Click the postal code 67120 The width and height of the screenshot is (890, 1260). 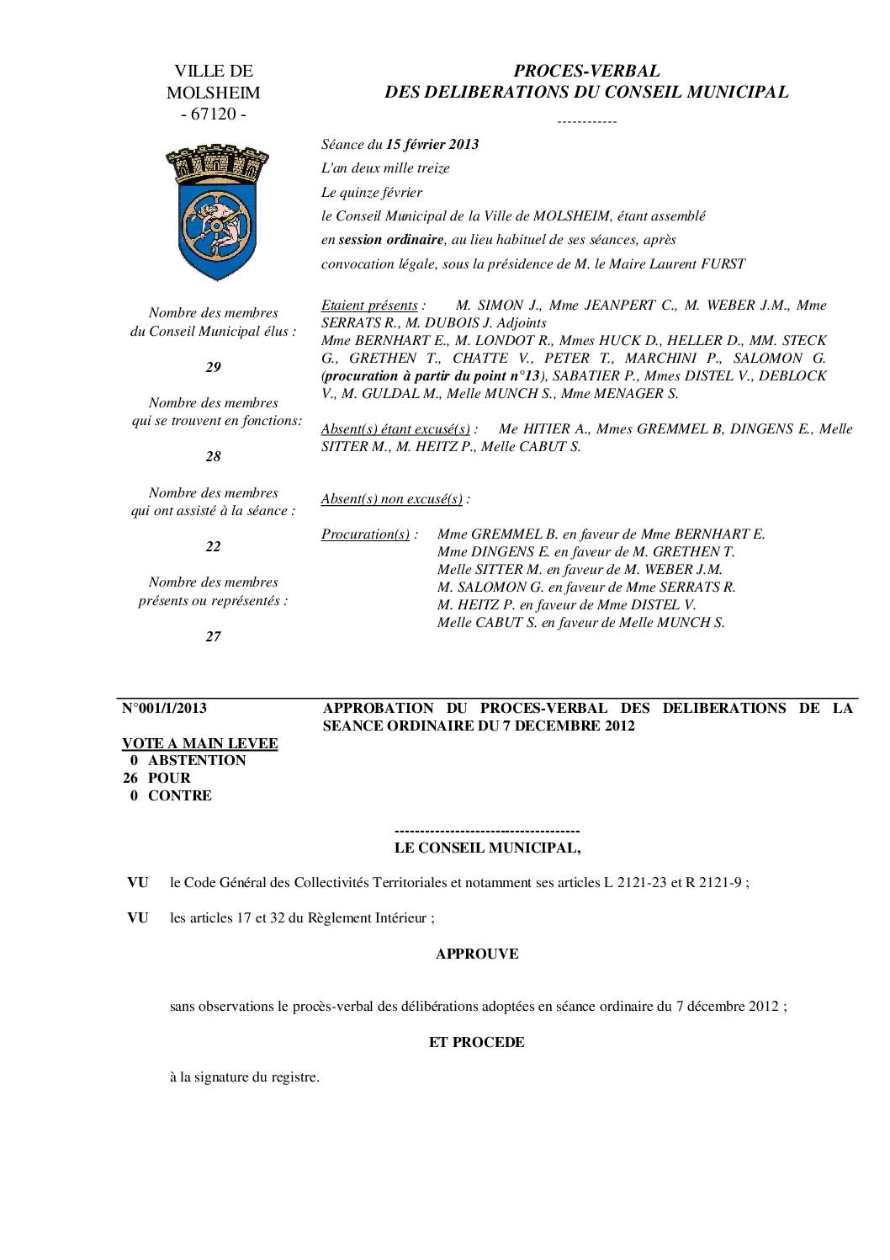pyautogui.click(x=214, y=114)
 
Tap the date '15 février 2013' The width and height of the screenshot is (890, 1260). pyautogui.click(x=432, y=144)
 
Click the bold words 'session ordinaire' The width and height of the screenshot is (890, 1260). pyautogui.click(x=390, y=240)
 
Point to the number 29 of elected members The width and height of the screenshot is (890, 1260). pyautogui.click(x=214, y=367)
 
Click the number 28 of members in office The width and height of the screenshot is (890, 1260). pyautogui.click(x=214, y=456)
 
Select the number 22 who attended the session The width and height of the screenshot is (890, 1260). pyautogui.click(x=214, y=546)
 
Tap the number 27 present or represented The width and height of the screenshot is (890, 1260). pyautogui.click(x=214, y=636)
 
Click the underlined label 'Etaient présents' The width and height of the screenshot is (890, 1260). pyautogui.click(x=369, y=305)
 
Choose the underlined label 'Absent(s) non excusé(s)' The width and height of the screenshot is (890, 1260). pyautogui.click(x=392, y=498)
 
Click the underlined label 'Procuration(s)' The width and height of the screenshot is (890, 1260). pyautogui.click(x=365, y=534)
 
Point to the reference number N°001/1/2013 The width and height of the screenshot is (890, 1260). pyautogui.click(x=165, y=708)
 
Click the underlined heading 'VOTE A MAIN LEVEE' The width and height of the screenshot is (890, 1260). pyautogui.click(x=200, y=743)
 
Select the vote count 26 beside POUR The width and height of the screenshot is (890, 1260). pyautogui.click(x=130, y=778)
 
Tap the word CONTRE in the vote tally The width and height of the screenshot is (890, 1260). pyautogui.click(x=180, y=795)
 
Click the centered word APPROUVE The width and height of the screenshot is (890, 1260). pyautogui.click(x=477, y=954)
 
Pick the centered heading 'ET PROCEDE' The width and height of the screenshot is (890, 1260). pyautogui.click(x=477, y=1042)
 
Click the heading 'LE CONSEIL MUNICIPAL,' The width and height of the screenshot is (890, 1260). pyautogui.click(x=488, y=848)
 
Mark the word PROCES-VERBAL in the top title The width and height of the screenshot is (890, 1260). pyautogui.click(x=587, y=71)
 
